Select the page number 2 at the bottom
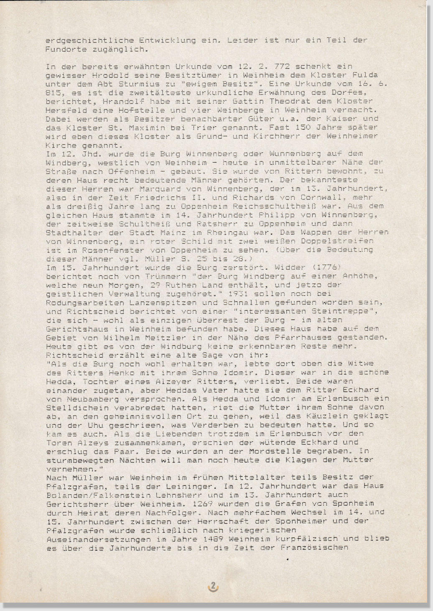[x=213, y=586]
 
